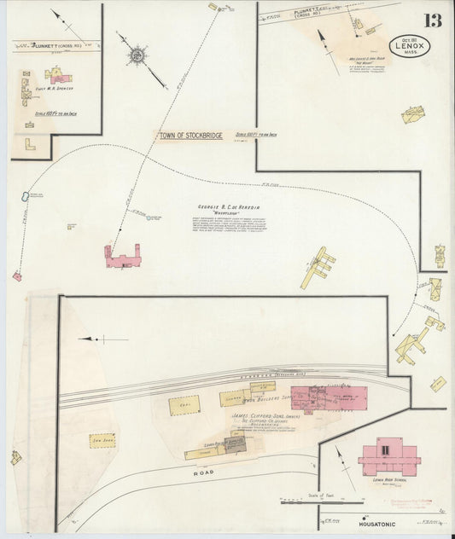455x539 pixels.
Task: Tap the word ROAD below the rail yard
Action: [x=203, y=471]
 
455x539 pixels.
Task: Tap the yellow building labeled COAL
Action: [x=184, y=405]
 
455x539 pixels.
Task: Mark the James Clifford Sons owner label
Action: [x=256, y=417]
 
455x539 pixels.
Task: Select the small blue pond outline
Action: [x=20, y=197]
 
